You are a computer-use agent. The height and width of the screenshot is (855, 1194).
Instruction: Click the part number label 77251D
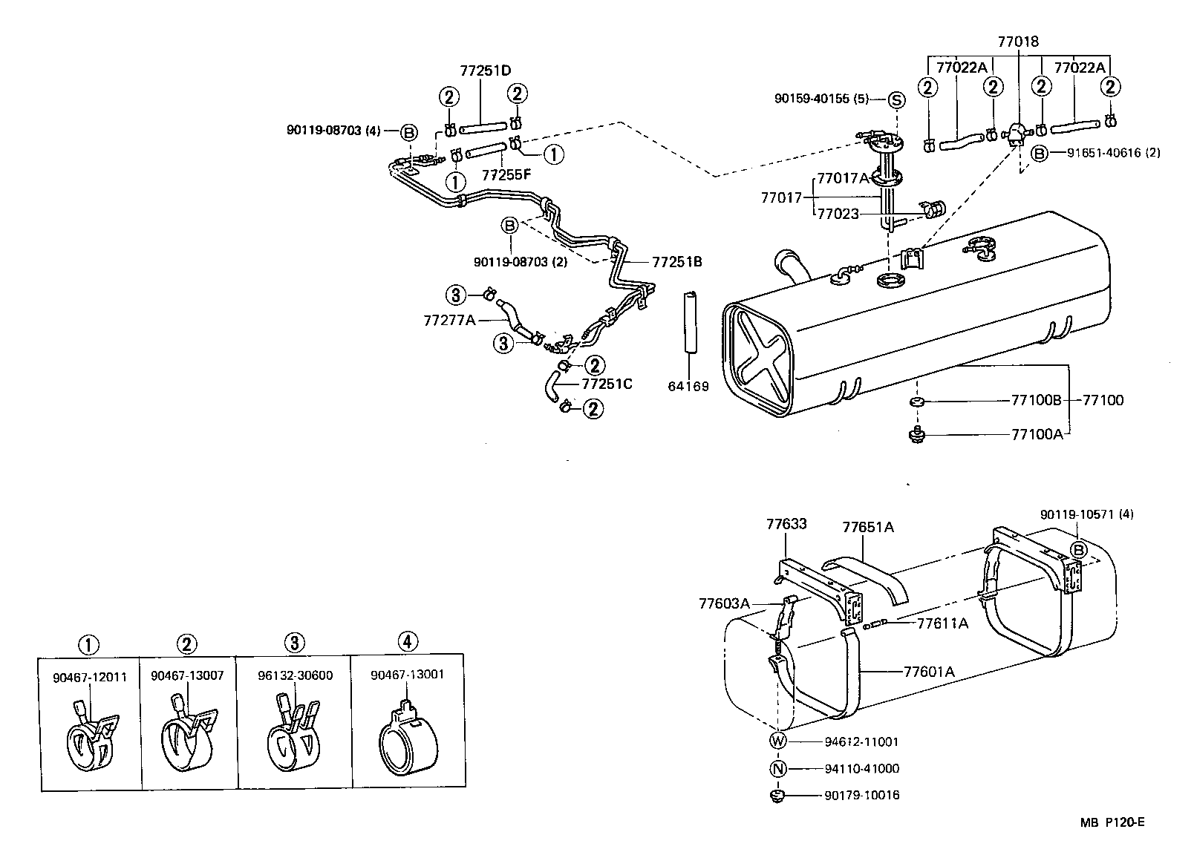point(486,71)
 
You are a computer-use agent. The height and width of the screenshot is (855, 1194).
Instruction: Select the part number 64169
point(688,386)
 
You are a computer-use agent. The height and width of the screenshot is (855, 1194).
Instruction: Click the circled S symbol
point(896,100)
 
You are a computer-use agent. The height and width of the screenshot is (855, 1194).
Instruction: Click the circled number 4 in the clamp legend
point(407,641)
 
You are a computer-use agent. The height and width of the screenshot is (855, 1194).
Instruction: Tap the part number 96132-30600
point(295,675)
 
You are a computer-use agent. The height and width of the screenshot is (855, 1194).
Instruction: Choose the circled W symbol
point(777,741)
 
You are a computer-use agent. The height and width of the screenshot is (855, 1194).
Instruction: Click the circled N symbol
point(777,769)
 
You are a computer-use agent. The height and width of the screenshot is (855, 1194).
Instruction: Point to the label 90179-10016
point(861,796)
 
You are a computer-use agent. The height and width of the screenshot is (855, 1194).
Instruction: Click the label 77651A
point(868,528)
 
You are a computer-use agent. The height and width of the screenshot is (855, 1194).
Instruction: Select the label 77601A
point(928,672)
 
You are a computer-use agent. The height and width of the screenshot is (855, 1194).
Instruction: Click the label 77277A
point(449,320)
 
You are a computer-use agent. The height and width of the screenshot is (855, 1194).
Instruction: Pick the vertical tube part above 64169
point(688,326)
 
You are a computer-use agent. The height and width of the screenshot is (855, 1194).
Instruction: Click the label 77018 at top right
point(1018,42)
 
